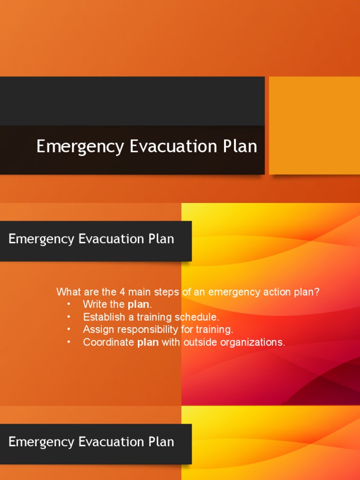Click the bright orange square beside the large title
[314, 125]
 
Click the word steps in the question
[167, 292]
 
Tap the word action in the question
[273, 292]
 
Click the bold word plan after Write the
[138, 305]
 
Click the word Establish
[102, 317]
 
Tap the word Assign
[97, 330]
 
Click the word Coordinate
[109, 342]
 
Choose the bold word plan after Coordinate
[148, 342]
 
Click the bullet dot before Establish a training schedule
[68, 317]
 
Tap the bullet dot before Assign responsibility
[68, 330]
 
